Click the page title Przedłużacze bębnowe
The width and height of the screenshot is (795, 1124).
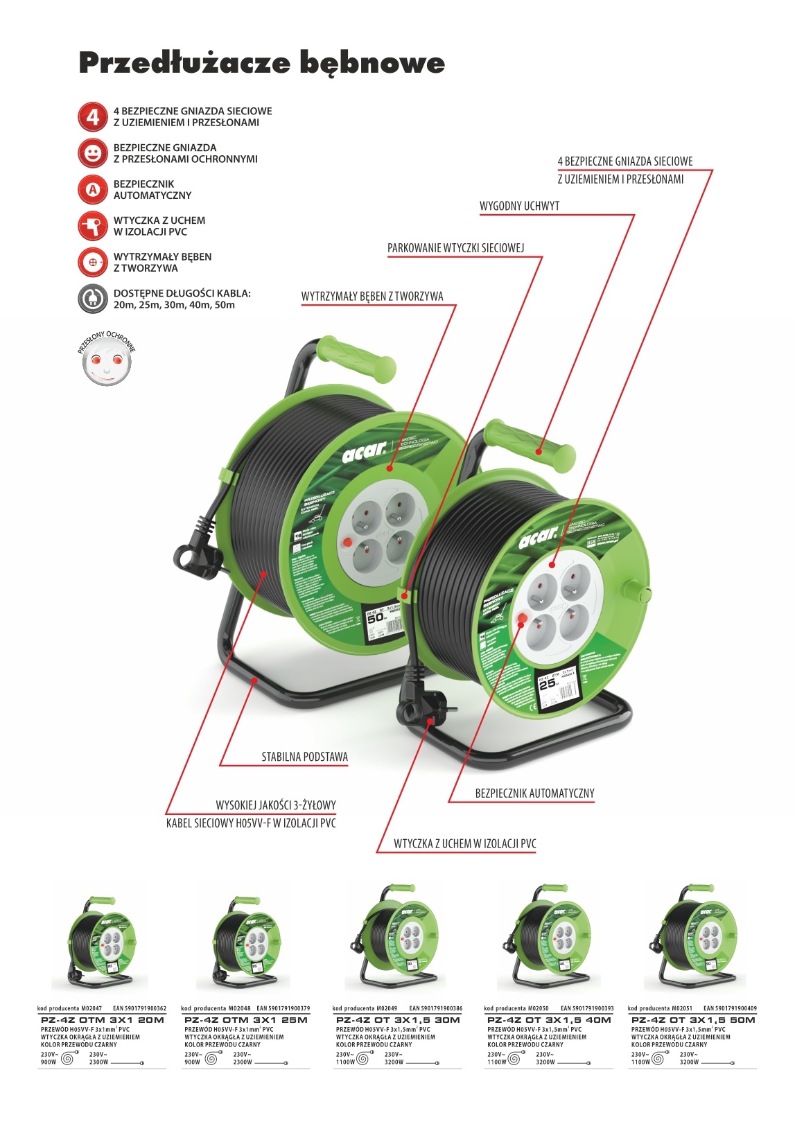click(261, 63)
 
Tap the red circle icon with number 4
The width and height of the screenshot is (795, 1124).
click(92, 117)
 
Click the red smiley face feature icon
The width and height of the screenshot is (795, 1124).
click(92, 153)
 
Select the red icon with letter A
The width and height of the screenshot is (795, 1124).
click(92, 189)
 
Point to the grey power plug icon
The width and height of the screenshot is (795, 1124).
click(92, 298)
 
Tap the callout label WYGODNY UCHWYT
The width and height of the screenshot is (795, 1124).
click(519, 207)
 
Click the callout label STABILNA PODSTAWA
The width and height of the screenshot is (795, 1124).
click(304, 757)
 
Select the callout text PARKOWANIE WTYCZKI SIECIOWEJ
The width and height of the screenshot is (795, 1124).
click(455, 248)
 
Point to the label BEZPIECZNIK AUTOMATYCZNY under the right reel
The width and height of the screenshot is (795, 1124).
click(534, 793)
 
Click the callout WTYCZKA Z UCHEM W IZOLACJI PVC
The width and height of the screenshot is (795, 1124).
click(464, 844)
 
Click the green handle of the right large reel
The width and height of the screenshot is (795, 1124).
click(530, 444)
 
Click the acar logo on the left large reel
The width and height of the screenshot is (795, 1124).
click(364, 453)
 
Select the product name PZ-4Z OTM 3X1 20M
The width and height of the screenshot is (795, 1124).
click(102, 1020)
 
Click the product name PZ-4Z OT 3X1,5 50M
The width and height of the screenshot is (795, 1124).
click(693, 1020)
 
